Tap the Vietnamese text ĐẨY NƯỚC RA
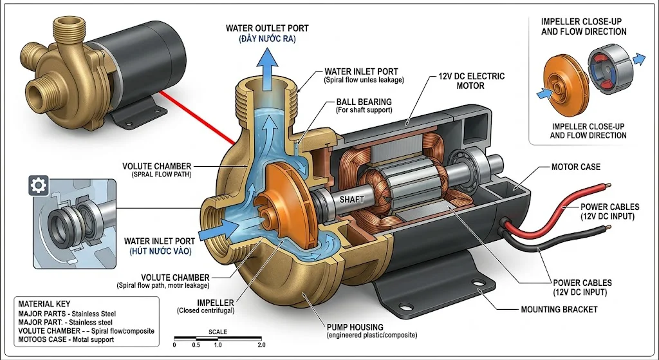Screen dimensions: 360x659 pos(266,40)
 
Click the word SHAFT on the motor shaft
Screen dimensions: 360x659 pos(351,200)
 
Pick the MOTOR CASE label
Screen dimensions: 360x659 pos(575,167)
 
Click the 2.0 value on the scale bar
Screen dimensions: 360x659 pos(261,345)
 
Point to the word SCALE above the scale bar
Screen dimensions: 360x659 pos(218,332)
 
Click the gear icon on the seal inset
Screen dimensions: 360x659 pos(38,186)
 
